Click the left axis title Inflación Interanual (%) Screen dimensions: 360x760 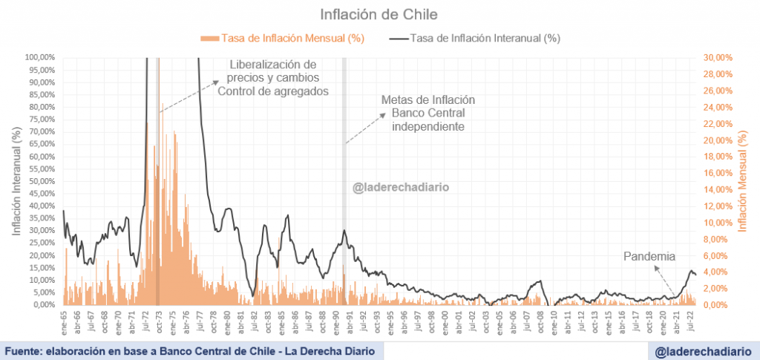16,181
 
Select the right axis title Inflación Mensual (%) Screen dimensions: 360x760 744,181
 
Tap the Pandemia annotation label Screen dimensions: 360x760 649,257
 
